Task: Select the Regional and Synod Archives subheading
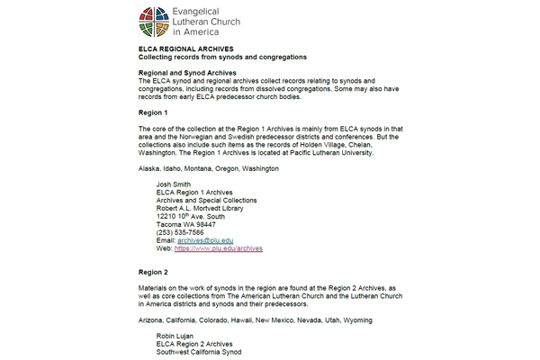pos(187,71)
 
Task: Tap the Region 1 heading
pos(153,112)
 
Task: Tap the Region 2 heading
pos(153,272)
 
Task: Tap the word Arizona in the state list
pos(151,319)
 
